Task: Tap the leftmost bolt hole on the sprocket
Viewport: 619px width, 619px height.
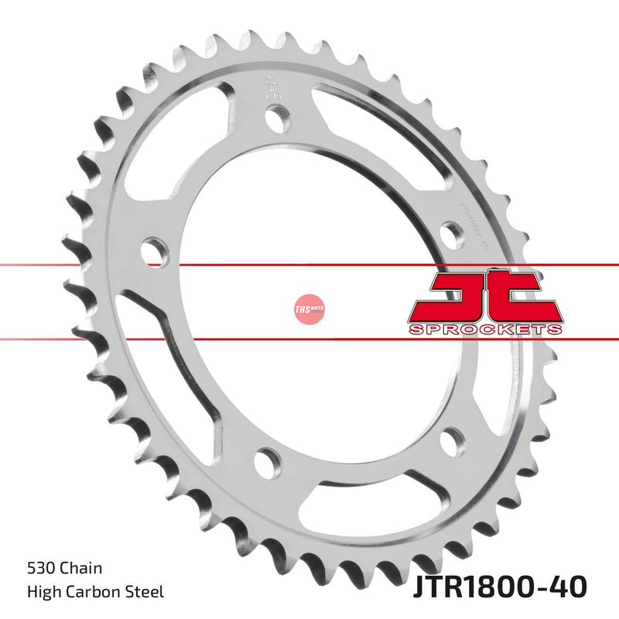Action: (156, 251)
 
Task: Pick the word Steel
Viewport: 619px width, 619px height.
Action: (145, 593)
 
